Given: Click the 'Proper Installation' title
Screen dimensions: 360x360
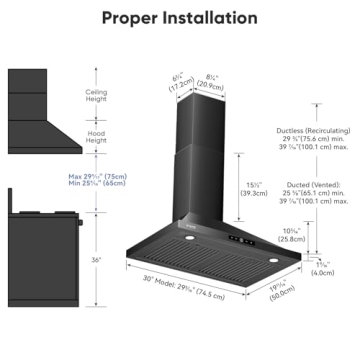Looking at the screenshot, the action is [179, 17].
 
